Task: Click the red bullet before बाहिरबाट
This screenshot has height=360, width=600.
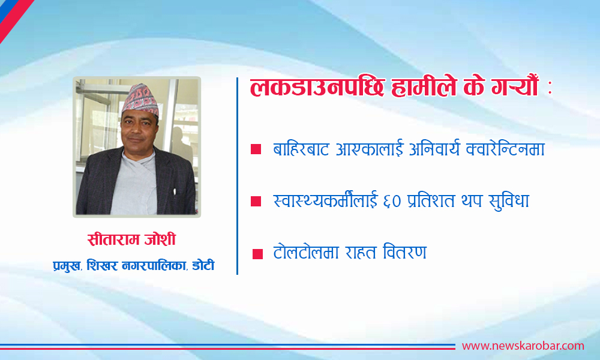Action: [256, 149]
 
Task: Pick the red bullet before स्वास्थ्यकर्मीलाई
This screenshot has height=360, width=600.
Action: [256, 201]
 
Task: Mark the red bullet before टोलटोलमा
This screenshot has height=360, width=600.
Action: [257, 254]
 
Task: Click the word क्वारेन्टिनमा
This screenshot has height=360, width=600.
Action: [505, 149]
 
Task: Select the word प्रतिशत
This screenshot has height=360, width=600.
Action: [431, 201]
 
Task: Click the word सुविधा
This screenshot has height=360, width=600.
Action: [509, 201]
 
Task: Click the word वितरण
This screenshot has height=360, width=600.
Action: [404, 252]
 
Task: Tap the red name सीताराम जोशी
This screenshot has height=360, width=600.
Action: [131, 239]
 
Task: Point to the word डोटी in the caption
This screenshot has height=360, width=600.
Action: [203, 266]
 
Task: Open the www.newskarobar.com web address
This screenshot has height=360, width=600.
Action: [523, 346]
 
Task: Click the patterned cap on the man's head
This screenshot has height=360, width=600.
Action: [140, 100]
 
